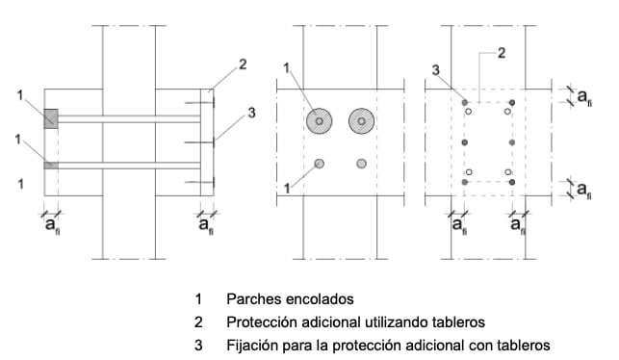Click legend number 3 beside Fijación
point(198,344)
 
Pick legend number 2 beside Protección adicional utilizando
point(198,321)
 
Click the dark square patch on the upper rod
point(50,118)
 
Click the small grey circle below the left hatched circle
point(319,163)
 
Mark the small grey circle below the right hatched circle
point(362,163)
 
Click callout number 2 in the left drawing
point(244,65)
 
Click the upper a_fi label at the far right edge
point(581,95)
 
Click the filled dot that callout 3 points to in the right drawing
point(465,100)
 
